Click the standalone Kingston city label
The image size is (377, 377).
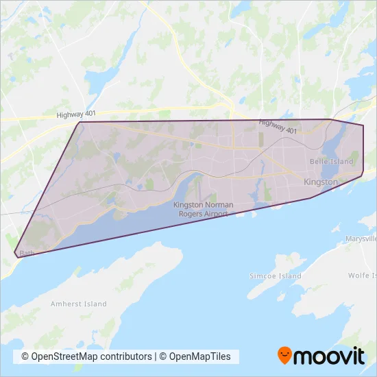point(321,182)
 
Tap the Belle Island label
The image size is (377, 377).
point(332,162)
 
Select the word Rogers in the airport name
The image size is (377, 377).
point(193,214)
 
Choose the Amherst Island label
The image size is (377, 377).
point(78,304)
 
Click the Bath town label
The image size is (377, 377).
point(27,253)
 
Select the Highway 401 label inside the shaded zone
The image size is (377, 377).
point(278,126)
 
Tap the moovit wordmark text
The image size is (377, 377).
point(330,356)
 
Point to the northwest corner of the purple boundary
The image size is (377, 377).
point(82,123)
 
